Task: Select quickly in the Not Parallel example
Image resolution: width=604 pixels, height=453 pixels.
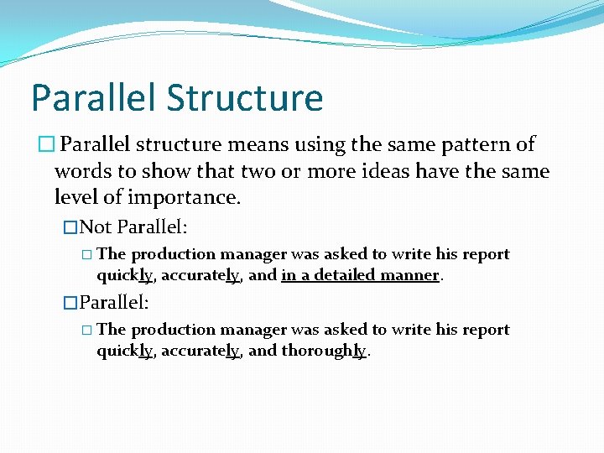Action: [124, 275]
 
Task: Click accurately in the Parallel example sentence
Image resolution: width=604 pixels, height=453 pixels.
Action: [200, 351]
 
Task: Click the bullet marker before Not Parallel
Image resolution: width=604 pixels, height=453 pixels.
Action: [70, 226]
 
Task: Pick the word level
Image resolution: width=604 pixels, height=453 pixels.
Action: [76, 199]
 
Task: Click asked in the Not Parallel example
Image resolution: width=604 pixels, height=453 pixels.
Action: [344, 254]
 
